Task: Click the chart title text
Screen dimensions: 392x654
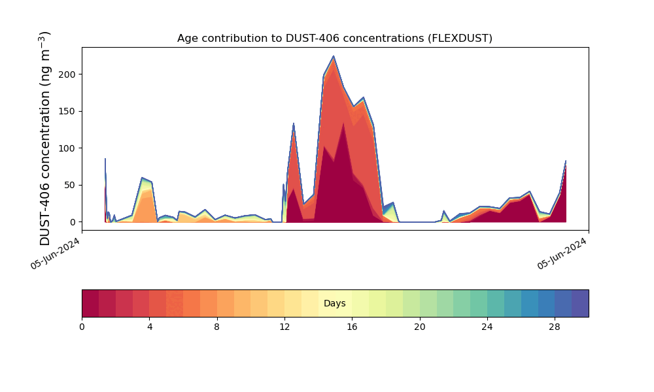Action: [334, 39]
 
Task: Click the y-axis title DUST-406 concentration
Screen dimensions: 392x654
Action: [45, 138]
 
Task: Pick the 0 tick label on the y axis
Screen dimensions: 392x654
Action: [74, 222]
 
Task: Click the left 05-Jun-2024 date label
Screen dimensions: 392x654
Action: [56, 253]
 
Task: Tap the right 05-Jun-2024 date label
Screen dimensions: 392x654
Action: [563, 253]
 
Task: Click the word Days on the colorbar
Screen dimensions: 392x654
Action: [334, 304]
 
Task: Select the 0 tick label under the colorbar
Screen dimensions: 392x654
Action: [82, 326]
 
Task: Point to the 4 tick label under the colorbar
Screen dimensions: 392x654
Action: [150, 326]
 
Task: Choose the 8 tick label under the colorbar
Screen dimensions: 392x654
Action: [217, 326]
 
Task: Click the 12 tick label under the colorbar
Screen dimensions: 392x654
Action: [284, 326]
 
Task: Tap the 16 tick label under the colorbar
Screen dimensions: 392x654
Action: [352, 326]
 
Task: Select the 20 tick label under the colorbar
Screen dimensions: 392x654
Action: [420, 326]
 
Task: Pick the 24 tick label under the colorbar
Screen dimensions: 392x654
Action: [487, 326]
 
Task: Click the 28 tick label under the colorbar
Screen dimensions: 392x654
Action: [555, 326]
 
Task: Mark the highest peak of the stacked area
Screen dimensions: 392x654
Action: [334, 56]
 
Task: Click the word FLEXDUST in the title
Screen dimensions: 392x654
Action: [460, 39]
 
